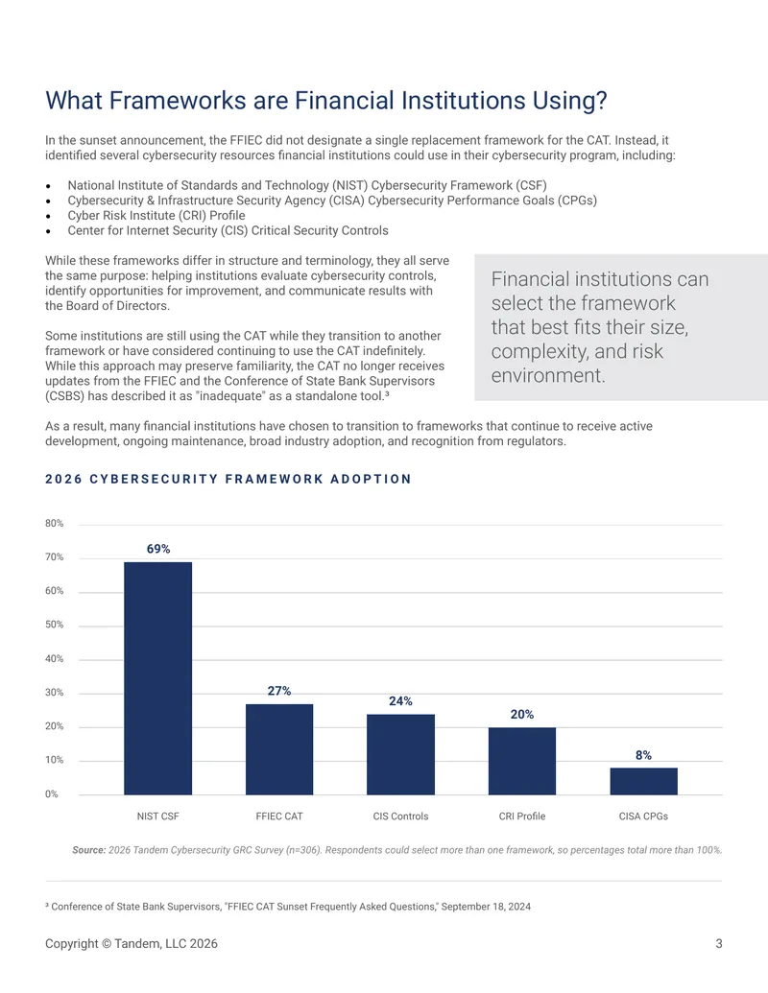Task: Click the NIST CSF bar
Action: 157,678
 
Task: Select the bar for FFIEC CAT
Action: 279,749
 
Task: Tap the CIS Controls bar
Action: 400,754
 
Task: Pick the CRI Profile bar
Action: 522,761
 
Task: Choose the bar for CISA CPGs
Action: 644,782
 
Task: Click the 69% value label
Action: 158,549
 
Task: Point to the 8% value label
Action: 643,755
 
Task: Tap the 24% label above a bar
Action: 400,701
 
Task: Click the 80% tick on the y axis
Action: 55,523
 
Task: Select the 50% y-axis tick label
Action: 55,625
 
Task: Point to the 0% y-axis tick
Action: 51,794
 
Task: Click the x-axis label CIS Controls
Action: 400,816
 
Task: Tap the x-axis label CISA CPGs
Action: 643,816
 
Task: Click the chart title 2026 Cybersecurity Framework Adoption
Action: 228,479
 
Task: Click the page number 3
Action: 719,944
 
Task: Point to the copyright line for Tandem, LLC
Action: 132,944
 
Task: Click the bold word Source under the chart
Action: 88,850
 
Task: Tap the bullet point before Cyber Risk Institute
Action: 48,216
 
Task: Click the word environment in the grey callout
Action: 548,375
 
